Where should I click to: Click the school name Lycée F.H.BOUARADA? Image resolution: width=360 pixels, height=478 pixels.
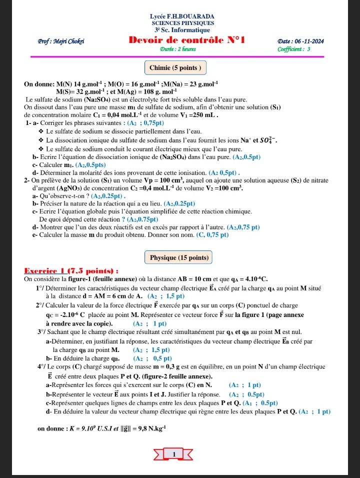tap(182, 16)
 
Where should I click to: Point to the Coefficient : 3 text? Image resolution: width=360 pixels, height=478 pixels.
tap(294, 49)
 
